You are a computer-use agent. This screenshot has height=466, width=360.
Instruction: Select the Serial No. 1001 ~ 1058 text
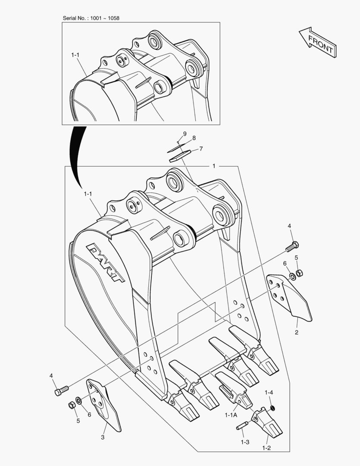pos(91,18)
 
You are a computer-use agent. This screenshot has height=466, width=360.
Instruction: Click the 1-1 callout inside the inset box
pos(75,55)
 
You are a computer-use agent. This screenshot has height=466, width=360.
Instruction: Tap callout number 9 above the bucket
pos(185,133)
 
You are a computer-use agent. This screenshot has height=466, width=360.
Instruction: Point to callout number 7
pos(201,149)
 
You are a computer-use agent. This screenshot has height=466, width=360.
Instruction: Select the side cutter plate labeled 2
pos(289,298)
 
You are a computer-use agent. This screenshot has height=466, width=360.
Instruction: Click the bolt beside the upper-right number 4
pos(292,247)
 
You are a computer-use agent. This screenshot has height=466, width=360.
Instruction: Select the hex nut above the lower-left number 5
pos(72,405)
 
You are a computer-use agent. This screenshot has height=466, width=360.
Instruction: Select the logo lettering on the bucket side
pos(106,262)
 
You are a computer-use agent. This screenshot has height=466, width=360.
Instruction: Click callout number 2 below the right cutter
pos(297,332)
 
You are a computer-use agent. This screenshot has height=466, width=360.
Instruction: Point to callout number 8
pos(194,138)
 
